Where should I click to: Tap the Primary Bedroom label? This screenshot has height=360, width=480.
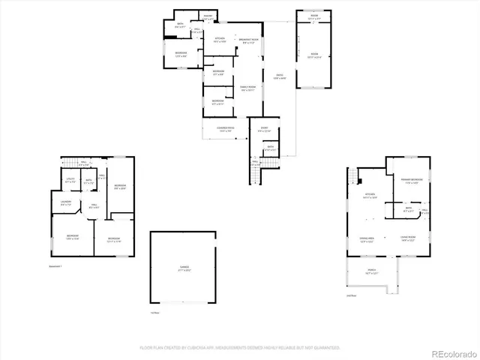pos(409,181)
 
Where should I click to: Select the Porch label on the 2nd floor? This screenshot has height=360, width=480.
pos(372,272)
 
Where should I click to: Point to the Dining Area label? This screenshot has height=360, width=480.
pos(367,240)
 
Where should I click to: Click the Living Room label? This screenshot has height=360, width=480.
pos(409,240)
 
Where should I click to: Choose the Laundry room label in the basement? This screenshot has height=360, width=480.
pos(65,202)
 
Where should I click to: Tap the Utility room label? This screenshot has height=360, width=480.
pos(70,180)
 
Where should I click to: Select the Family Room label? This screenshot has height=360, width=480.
pos(248,88)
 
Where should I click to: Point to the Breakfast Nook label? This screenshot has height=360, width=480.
pos(250,40)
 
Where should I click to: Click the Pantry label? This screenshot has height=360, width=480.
pos(207,16)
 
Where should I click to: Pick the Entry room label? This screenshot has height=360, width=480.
pos(264,130)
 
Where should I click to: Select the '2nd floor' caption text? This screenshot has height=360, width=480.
pos(351,295)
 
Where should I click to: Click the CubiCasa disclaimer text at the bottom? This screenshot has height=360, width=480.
pos(240,348)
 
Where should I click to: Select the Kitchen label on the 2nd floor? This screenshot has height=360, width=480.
pos(369,196)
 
